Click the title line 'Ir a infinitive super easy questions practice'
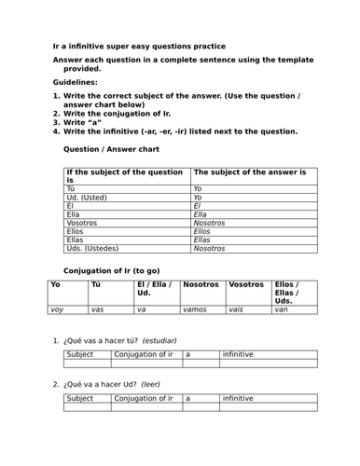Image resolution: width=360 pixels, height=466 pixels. (x=138, y=46)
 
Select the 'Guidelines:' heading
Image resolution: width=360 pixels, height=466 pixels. (x=79, y=83)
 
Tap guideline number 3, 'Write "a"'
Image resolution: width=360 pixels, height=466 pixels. (x=85, y=121)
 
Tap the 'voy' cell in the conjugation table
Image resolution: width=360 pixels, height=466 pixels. (x=57, y=308)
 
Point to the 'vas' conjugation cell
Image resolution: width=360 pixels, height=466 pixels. (x=98, y=308)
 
